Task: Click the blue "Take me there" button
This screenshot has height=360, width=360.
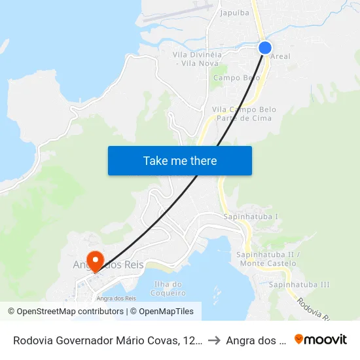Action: [x=180, y=160]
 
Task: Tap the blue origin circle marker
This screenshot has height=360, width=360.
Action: [x=265, y=48]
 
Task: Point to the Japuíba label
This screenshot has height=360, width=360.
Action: [x=234, y=12]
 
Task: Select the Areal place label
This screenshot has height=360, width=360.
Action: [x=280, y=57]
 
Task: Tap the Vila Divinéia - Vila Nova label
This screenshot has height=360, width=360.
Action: [x=197, y=58]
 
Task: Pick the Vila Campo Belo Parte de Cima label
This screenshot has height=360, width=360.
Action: [x=234, y=114]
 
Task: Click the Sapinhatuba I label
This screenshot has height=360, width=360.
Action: [x=251, y=216]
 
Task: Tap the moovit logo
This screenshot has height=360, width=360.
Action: [x=321, y=339]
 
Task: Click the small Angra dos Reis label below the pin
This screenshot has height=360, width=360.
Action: [x=115, y=298]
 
